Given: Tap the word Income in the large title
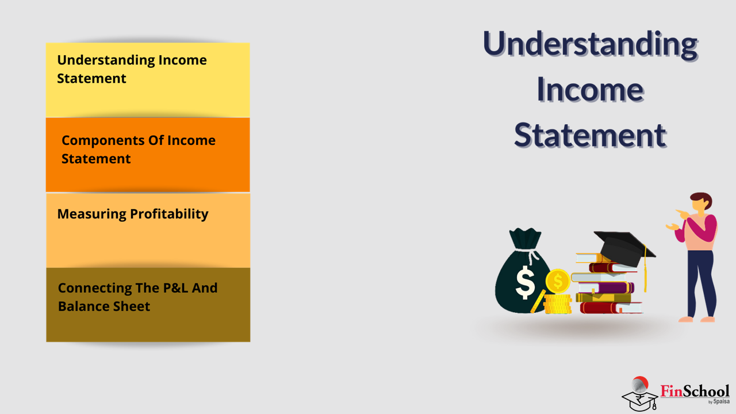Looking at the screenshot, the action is [590, 89].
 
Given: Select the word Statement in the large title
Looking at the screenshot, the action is [590, 135].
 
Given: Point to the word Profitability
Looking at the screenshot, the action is [169, 214].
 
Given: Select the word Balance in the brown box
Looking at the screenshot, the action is [83, 306].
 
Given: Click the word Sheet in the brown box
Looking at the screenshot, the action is [132, 306].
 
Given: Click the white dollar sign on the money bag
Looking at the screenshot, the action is [525, 282].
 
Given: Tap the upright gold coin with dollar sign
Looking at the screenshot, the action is [558, 281].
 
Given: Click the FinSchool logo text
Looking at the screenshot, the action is [695, 392].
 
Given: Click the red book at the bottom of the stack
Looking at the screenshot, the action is [611, 308].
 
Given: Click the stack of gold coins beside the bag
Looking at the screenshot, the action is [558, 304].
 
